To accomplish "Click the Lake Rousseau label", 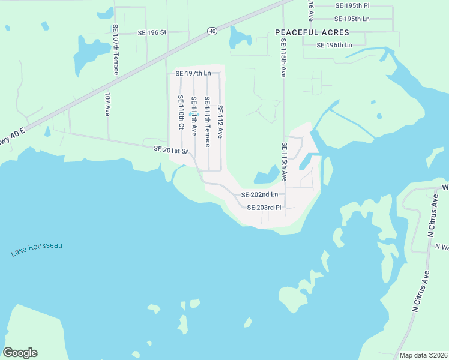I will [37, 250].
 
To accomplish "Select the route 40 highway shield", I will [212, 31].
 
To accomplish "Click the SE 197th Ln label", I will [193, 73].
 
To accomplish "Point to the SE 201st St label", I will [171, 150].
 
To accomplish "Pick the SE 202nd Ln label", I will [259, 194].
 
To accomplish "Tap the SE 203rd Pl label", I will [264, 208].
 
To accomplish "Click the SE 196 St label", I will [151, 32].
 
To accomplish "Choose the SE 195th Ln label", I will [353, 19].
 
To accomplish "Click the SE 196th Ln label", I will [333, 45].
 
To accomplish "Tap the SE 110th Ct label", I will [181, 113].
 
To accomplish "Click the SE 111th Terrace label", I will [207, 122].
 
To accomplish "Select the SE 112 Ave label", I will [220, 122].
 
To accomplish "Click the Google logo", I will [20, 353].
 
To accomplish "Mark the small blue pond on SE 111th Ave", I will [191, 114].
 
